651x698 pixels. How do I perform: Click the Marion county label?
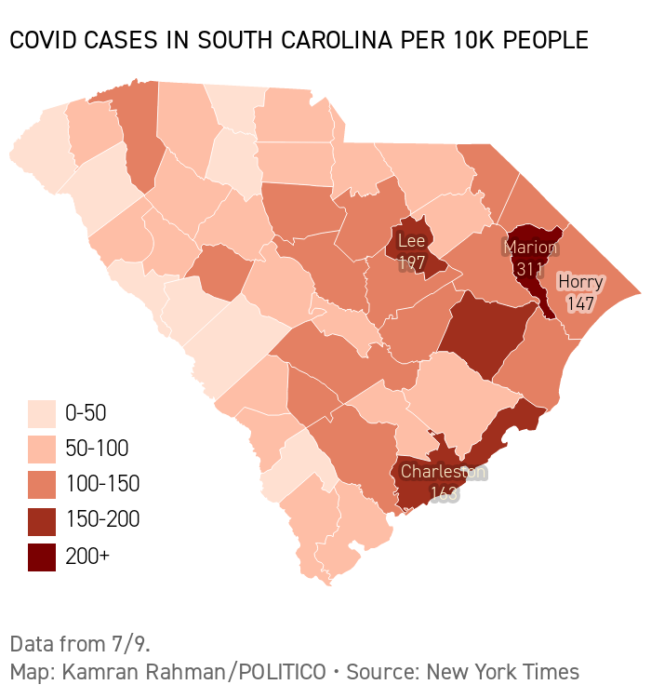point(531,248)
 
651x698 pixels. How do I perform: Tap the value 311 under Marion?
point(530,269)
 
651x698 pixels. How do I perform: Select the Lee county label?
point(411,241)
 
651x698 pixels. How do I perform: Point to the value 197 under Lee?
point(411,262)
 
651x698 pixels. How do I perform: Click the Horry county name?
point(580,282)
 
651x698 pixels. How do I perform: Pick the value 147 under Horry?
point(580,303)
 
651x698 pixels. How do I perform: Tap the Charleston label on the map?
point(443,472)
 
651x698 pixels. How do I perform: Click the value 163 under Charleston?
point(444,493)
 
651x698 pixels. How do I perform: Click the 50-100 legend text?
point(97,449)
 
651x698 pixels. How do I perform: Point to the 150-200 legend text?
point(102,519)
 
